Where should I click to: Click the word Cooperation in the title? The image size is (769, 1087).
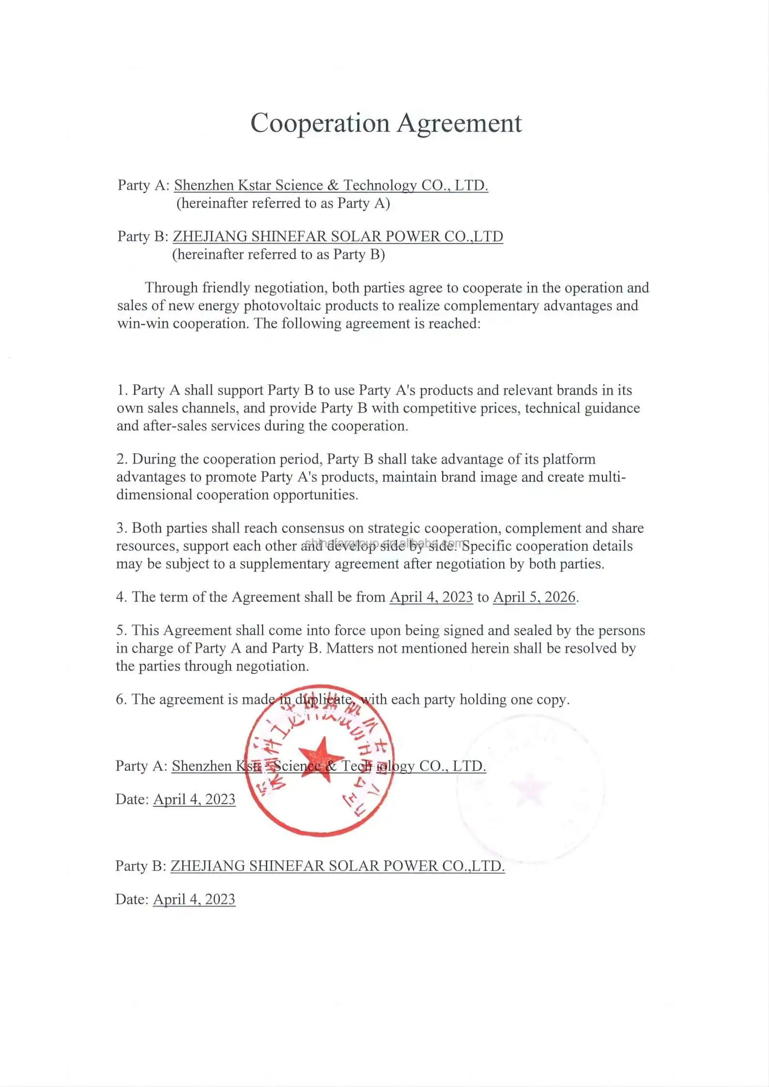coord(320,123)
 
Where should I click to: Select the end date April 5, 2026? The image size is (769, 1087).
coord(534,597)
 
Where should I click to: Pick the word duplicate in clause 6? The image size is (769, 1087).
coord(323,700)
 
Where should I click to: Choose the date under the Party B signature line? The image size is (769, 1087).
coord(194,899)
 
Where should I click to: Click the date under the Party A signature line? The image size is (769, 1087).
coord(194,799)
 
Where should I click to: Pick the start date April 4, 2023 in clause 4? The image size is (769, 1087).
coord(431,597)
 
